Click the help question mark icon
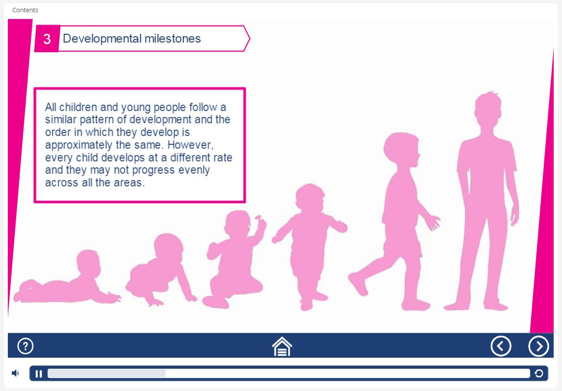pos(25,346)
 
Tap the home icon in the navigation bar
pos(282,346)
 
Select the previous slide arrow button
pos(501,346)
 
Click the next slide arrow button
pos(538,346)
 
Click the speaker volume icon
pos(15,373)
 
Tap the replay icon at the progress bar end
pos(538,373)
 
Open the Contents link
pos(25,10)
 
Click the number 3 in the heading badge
pos(47,39)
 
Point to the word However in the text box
pos(190,145)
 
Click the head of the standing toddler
pos(310,199)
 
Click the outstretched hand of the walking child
pos(433,222)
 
